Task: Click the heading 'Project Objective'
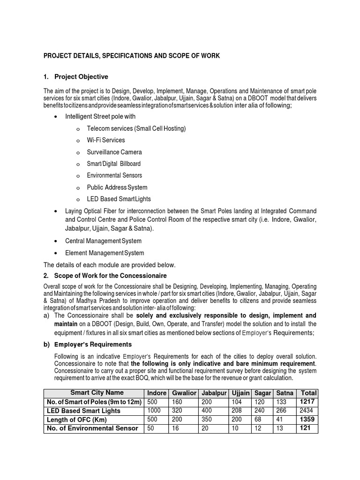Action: (81, 77)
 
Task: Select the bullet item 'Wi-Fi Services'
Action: (106, 140)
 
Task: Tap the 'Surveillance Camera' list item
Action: (114, 152)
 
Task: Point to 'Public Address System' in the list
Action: (117, 187)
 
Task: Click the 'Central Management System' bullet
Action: (103, 241)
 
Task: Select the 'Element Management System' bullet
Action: (105, 253)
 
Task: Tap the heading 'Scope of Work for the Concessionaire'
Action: (111, 276)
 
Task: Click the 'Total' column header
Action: (309, 393)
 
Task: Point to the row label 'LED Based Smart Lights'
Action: (83, 411)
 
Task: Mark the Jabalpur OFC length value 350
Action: (207, 419)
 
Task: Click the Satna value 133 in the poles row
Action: (282, 402)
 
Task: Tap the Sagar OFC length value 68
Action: (259, 419)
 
